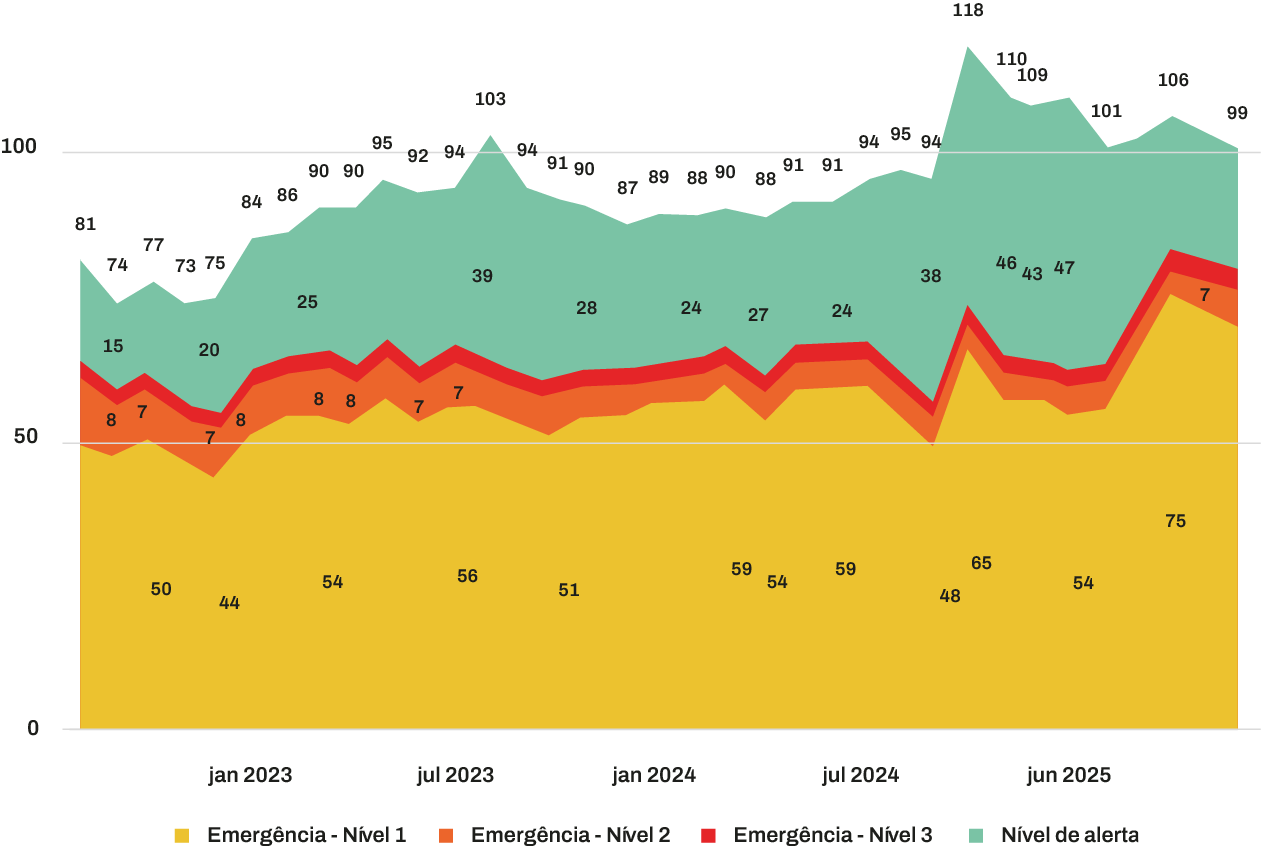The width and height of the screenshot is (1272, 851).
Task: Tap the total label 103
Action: coord(490,99)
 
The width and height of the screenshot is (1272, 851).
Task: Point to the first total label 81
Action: coord(85,224)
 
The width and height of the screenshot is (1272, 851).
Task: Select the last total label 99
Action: coord(1237,113)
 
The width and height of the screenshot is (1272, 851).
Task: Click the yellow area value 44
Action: coord(229,603)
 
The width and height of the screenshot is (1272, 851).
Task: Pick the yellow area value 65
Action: coord(981,563)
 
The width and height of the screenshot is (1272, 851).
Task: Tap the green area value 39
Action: coord(482,276)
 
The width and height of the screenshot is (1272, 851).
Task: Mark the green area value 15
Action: coord(113,346)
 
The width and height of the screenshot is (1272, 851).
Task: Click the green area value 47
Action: coord(1064,268)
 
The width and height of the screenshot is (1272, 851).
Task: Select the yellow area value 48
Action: coord(950,596)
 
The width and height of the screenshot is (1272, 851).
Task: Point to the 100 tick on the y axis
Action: coord(19,148)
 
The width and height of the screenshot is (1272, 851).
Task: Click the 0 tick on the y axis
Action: coord(33,729)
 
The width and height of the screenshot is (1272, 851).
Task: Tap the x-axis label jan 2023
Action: coord(250,775)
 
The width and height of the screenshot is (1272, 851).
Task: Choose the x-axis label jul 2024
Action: coord(859,775)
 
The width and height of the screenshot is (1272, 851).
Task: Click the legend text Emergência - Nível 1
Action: coord(306,835)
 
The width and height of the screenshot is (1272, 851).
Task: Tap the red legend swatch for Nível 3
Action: coord(709,835)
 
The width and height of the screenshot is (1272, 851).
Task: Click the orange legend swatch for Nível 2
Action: coord(446,835)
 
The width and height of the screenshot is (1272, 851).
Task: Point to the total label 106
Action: coord(1173,80)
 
